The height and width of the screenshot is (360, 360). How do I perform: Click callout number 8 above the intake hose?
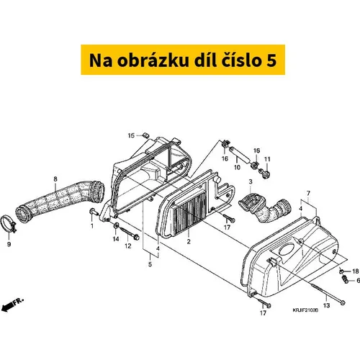55,179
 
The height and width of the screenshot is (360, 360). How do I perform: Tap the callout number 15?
131,135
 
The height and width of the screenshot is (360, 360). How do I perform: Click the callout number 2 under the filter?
189,241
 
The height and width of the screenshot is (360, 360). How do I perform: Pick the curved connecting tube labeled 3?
264,208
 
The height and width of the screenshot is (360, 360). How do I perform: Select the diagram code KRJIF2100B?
305,310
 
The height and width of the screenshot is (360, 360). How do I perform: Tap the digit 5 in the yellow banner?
271,60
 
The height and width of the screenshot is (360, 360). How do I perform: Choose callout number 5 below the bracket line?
150,264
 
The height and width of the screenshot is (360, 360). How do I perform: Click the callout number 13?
326,305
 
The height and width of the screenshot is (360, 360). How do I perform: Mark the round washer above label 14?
116,225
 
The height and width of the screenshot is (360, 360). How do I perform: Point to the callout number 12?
128,246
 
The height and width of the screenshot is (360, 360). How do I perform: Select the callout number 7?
308,193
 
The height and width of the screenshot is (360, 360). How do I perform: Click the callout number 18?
356,271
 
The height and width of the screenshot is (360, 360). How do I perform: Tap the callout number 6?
358,280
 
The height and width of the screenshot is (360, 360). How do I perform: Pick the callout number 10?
237,167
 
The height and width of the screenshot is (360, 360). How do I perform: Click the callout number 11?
267,159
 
